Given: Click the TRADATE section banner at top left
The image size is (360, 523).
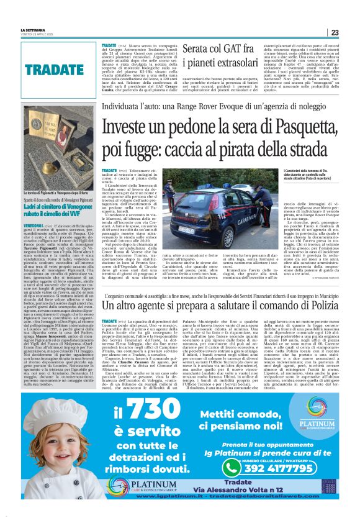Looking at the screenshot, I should pyautogui.click(x=50, y=69).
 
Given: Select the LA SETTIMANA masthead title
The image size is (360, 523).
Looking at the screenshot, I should pyautogui.click(x=34, y=29).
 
